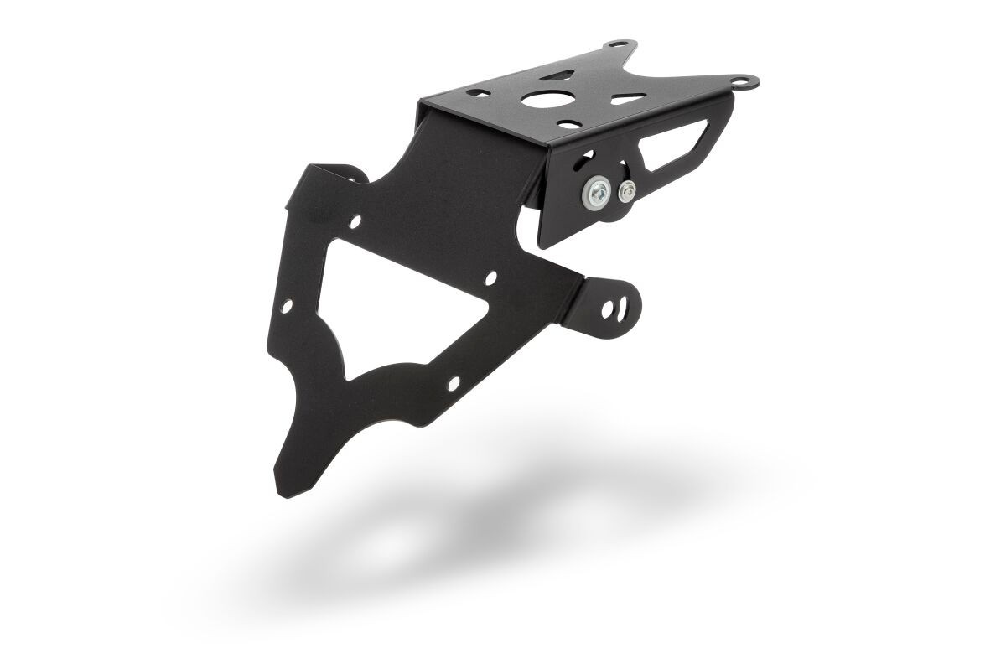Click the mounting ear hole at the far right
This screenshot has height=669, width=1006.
[x=741, y=81]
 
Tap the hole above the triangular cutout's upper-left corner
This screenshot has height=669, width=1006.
[x=356, y=222]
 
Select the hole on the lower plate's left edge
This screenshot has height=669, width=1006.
[x=288, y=309]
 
